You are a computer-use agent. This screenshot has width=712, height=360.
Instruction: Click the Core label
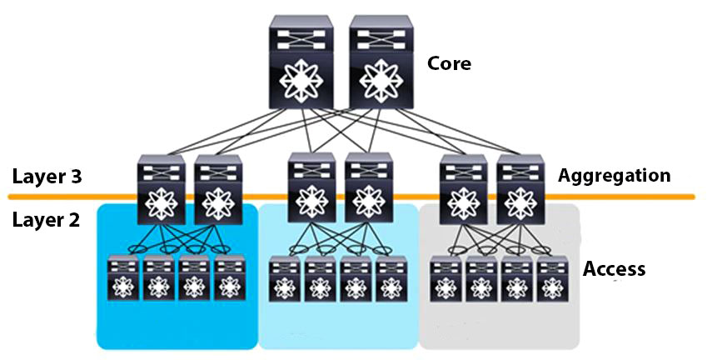point(449,63)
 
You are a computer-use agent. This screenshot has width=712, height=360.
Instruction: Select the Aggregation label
point(614,176)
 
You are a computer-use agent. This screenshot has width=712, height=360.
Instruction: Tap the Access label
point(614,268)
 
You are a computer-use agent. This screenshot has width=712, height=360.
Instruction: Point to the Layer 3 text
point(47,177)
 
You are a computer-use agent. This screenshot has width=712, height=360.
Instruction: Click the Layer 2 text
point(47,221)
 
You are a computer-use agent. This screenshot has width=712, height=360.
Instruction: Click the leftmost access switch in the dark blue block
point(124,277)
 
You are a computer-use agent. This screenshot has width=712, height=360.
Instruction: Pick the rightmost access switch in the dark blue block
point(229,277)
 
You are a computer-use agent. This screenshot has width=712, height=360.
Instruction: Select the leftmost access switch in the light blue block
point(286,277)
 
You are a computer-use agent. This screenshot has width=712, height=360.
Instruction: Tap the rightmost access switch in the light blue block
point(391,277)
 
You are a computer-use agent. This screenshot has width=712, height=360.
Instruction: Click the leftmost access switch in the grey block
point(447,277)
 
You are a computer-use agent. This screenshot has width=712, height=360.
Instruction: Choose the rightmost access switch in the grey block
point(550,277)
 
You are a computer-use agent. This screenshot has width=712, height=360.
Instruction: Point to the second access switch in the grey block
point(482,277)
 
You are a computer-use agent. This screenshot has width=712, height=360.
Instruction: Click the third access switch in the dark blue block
point(194,277)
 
